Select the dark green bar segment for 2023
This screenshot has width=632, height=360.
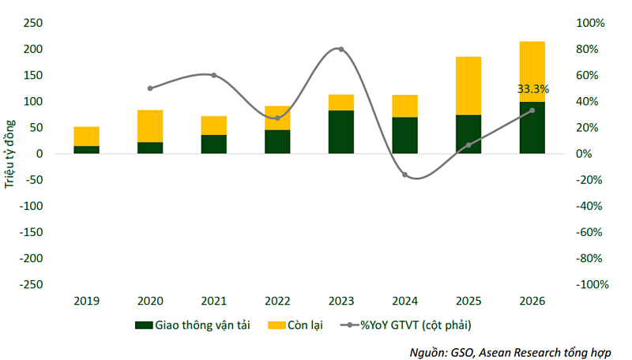click(340, 132)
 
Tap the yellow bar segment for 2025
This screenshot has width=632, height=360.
click(468, 85)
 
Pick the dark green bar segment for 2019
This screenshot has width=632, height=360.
click(86, 149)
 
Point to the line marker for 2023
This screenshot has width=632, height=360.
click(340, 49)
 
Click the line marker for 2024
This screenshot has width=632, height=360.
click(404, 174)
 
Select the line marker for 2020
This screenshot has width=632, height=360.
click(150, 88)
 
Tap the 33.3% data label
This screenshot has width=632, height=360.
click(533, 89)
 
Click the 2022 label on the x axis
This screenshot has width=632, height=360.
click(277, 300)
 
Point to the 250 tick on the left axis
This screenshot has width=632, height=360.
click(33, 23)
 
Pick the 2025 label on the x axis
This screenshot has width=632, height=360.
click(468, 300)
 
